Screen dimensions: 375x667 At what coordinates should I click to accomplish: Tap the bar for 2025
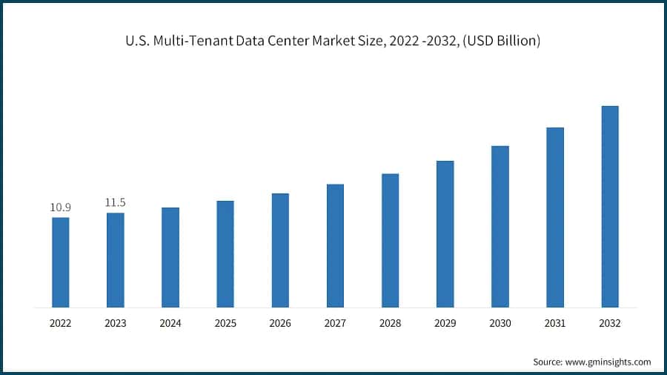(x=225, y=253)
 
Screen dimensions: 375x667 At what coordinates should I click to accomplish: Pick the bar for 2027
(x=335, y=245)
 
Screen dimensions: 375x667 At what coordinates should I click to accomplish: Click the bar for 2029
(x=445, y=233)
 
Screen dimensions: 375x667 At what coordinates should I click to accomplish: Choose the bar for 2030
(x=500, y=226)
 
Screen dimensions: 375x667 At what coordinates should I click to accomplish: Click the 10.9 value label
(x=61, y=207)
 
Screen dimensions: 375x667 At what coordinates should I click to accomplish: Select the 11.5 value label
(x=116, y=202)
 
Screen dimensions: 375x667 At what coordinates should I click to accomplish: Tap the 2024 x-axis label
(x=170, y=323)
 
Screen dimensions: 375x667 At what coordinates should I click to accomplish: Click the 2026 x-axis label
(x=280, y=323)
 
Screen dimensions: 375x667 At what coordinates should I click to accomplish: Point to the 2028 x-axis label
(x=390, y=323)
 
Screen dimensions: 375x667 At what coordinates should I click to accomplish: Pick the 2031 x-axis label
(x=555, y=323)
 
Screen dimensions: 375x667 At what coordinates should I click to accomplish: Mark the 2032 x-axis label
(x=610, y=323)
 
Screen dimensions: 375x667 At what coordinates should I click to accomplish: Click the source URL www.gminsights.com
(x=608, y=362)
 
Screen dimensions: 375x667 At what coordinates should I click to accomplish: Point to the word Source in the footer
(x=548, y=362)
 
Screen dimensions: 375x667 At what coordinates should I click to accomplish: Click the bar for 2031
(x=555, y=217)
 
